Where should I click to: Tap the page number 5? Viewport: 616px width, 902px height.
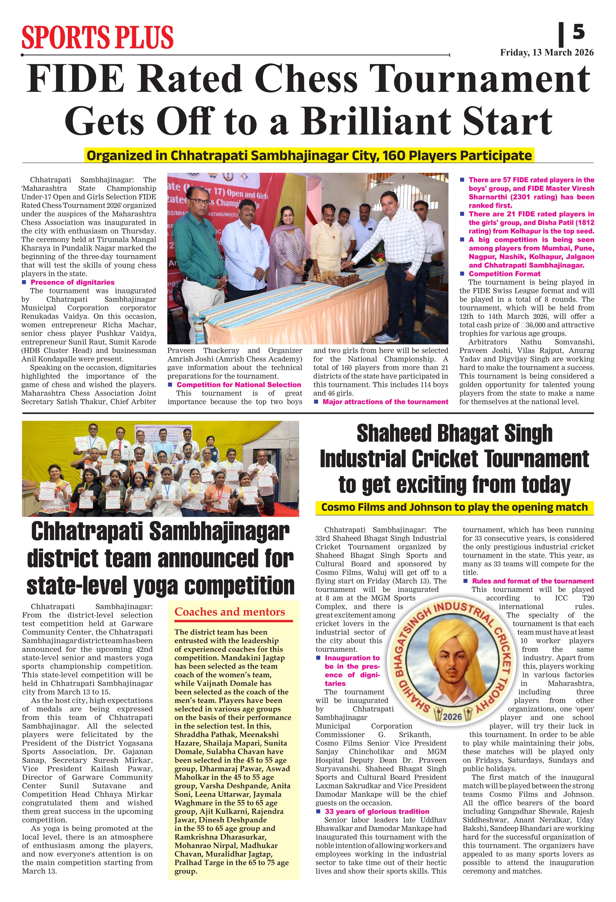(x=578, y=32)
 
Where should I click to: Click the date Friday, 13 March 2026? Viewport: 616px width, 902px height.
(x=546, y=53)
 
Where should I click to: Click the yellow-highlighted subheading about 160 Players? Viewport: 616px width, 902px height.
(x=309, y=156)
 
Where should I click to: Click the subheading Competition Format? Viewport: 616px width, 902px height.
(x=504, y=274)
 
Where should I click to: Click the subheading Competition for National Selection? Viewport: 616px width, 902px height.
(x=239, y=385)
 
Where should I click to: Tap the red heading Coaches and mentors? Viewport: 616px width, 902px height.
(x=230, y=612)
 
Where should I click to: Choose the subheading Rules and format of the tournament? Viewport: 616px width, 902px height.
(x=532, y=581)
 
